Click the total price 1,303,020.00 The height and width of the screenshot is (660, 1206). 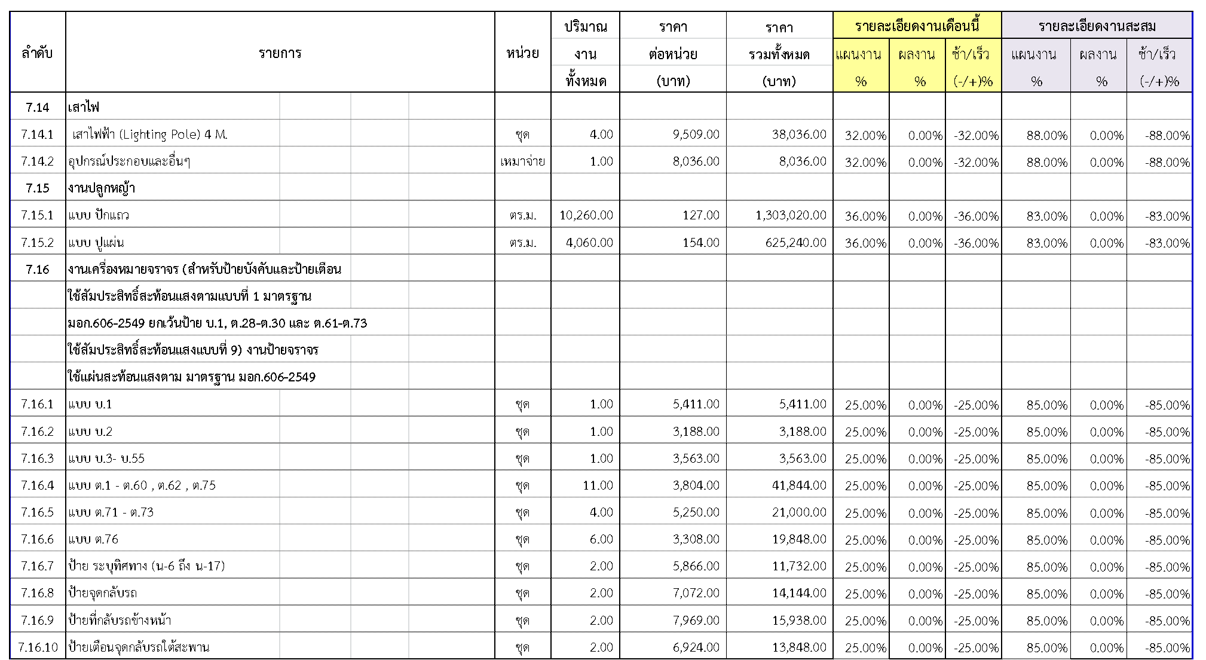click(791, 215)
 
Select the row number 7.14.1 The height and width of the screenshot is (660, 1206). click(37, 135)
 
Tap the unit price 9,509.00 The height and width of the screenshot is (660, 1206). click(696, 135)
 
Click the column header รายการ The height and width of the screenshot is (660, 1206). click(280, 53)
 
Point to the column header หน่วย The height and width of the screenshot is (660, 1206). click(522, 53)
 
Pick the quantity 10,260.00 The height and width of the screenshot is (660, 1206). click(586, 215)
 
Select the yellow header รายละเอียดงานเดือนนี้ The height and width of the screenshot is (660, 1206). click(917, 26)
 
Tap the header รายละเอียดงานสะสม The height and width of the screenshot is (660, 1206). click(1097, 26)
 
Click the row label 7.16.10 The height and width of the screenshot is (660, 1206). click(38, 647)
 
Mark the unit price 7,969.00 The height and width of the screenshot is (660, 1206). click(696, 621)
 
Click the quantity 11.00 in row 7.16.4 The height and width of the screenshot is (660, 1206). click(598, 485)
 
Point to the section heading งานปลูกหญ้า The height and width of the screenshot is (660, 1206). click(102, 188)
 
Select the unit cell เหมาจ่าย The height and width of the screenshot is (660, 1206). click(522, 161)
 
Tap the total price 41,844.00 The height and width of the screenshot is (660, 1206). click(799, 485)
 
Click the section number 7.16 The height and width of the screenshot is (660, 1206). click(37, 270)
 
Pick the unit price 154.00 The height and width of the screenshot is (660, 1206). click(701, 243)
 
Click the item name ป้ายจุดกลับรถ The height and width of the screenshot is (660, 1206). click(103, 594)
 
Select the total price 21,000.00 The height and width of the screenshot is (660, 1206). click(799, 512)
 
